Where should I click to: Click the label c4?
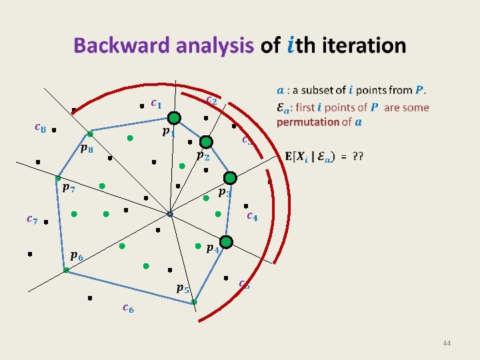[x=252, y=215]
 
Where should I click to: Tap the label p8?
[x=87, y=149]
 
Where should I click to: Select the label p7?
[x=68, y=189]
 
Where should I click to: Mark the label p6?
[x=77, y=255]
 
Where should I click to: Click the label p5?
[x=182, y=289]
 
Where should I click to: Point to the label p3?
[x=225, y=193]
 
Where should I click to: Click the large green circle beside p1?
[x=174, y=118]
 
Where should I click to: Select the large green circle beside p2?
[x=206, y=142]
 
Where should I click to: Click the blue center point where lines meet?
[x=170, y=214]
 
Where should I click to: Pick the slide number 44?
[x=447, y=343]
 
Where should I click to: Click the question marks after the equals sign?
[x=357, y=156]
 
